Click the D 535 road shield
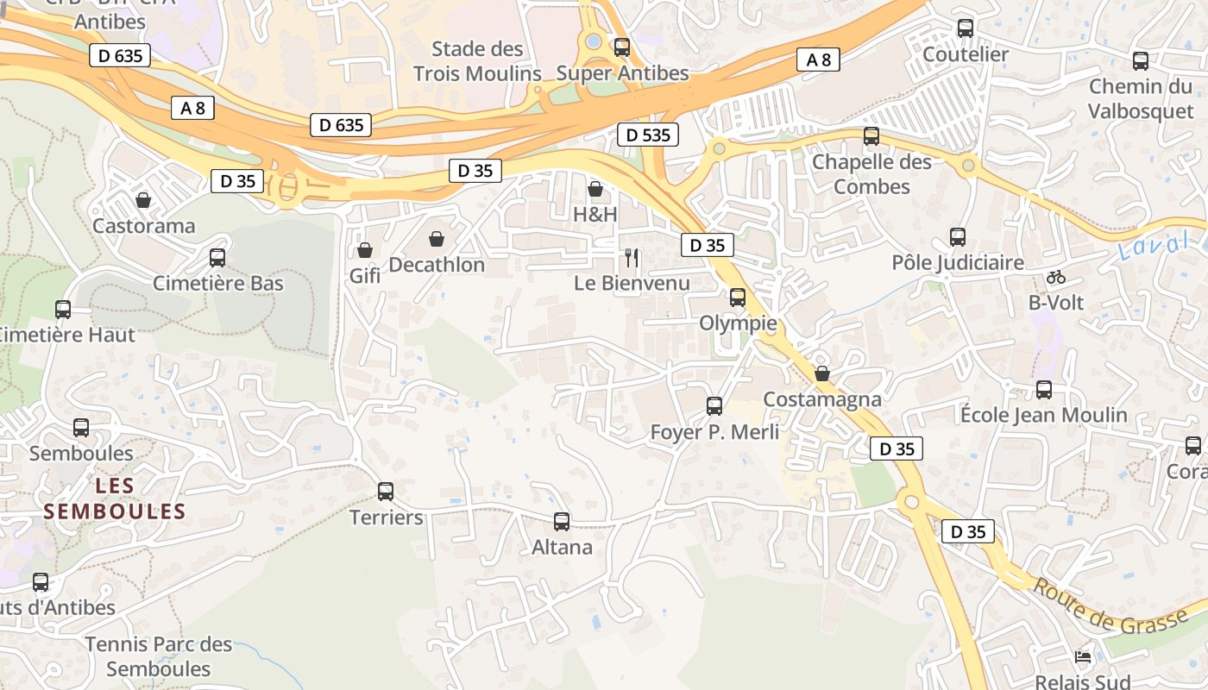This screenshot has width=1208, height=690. point(648,135)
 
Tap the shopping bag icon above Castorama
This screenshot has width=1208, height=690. point(143,200)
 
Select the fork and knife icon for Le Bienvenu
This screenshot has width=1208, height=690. point(632,257)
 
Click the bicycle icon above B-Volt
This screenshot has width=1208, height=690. point(1055,277)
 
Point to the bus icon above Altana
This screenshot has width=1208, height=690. point(562,521)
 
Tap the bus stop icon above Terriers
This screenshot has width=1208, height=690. point(386,492)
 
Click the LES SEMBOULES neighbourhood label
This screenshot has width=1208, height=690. point(115,499)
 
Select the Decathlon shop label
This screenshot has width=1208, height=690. point(437,265)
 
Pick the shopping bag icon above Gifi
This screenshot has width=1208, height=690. point(365,250)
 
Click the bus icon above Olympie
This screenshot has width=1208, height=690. point(738,298)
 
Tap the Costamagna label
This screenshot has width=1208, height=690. point(822,399)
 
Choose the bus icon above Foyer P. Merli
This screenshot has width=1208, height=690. point(714,406)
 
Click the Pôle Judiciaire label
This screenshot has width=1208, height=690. point(958,262)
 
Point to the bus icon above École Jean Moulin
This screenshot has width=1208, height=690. point(1044,390)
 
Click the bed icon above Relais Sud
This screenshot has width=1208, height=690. point(1083,657)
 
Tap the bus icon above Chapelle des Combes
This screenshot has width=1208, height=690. point(871,136)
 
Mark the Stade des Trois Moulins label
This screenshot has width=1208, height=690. point(477,61)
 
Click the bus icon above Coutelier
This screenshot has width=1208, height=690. point(966,28)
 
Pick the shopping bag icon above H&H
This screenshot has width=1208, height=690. point(595,189)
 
